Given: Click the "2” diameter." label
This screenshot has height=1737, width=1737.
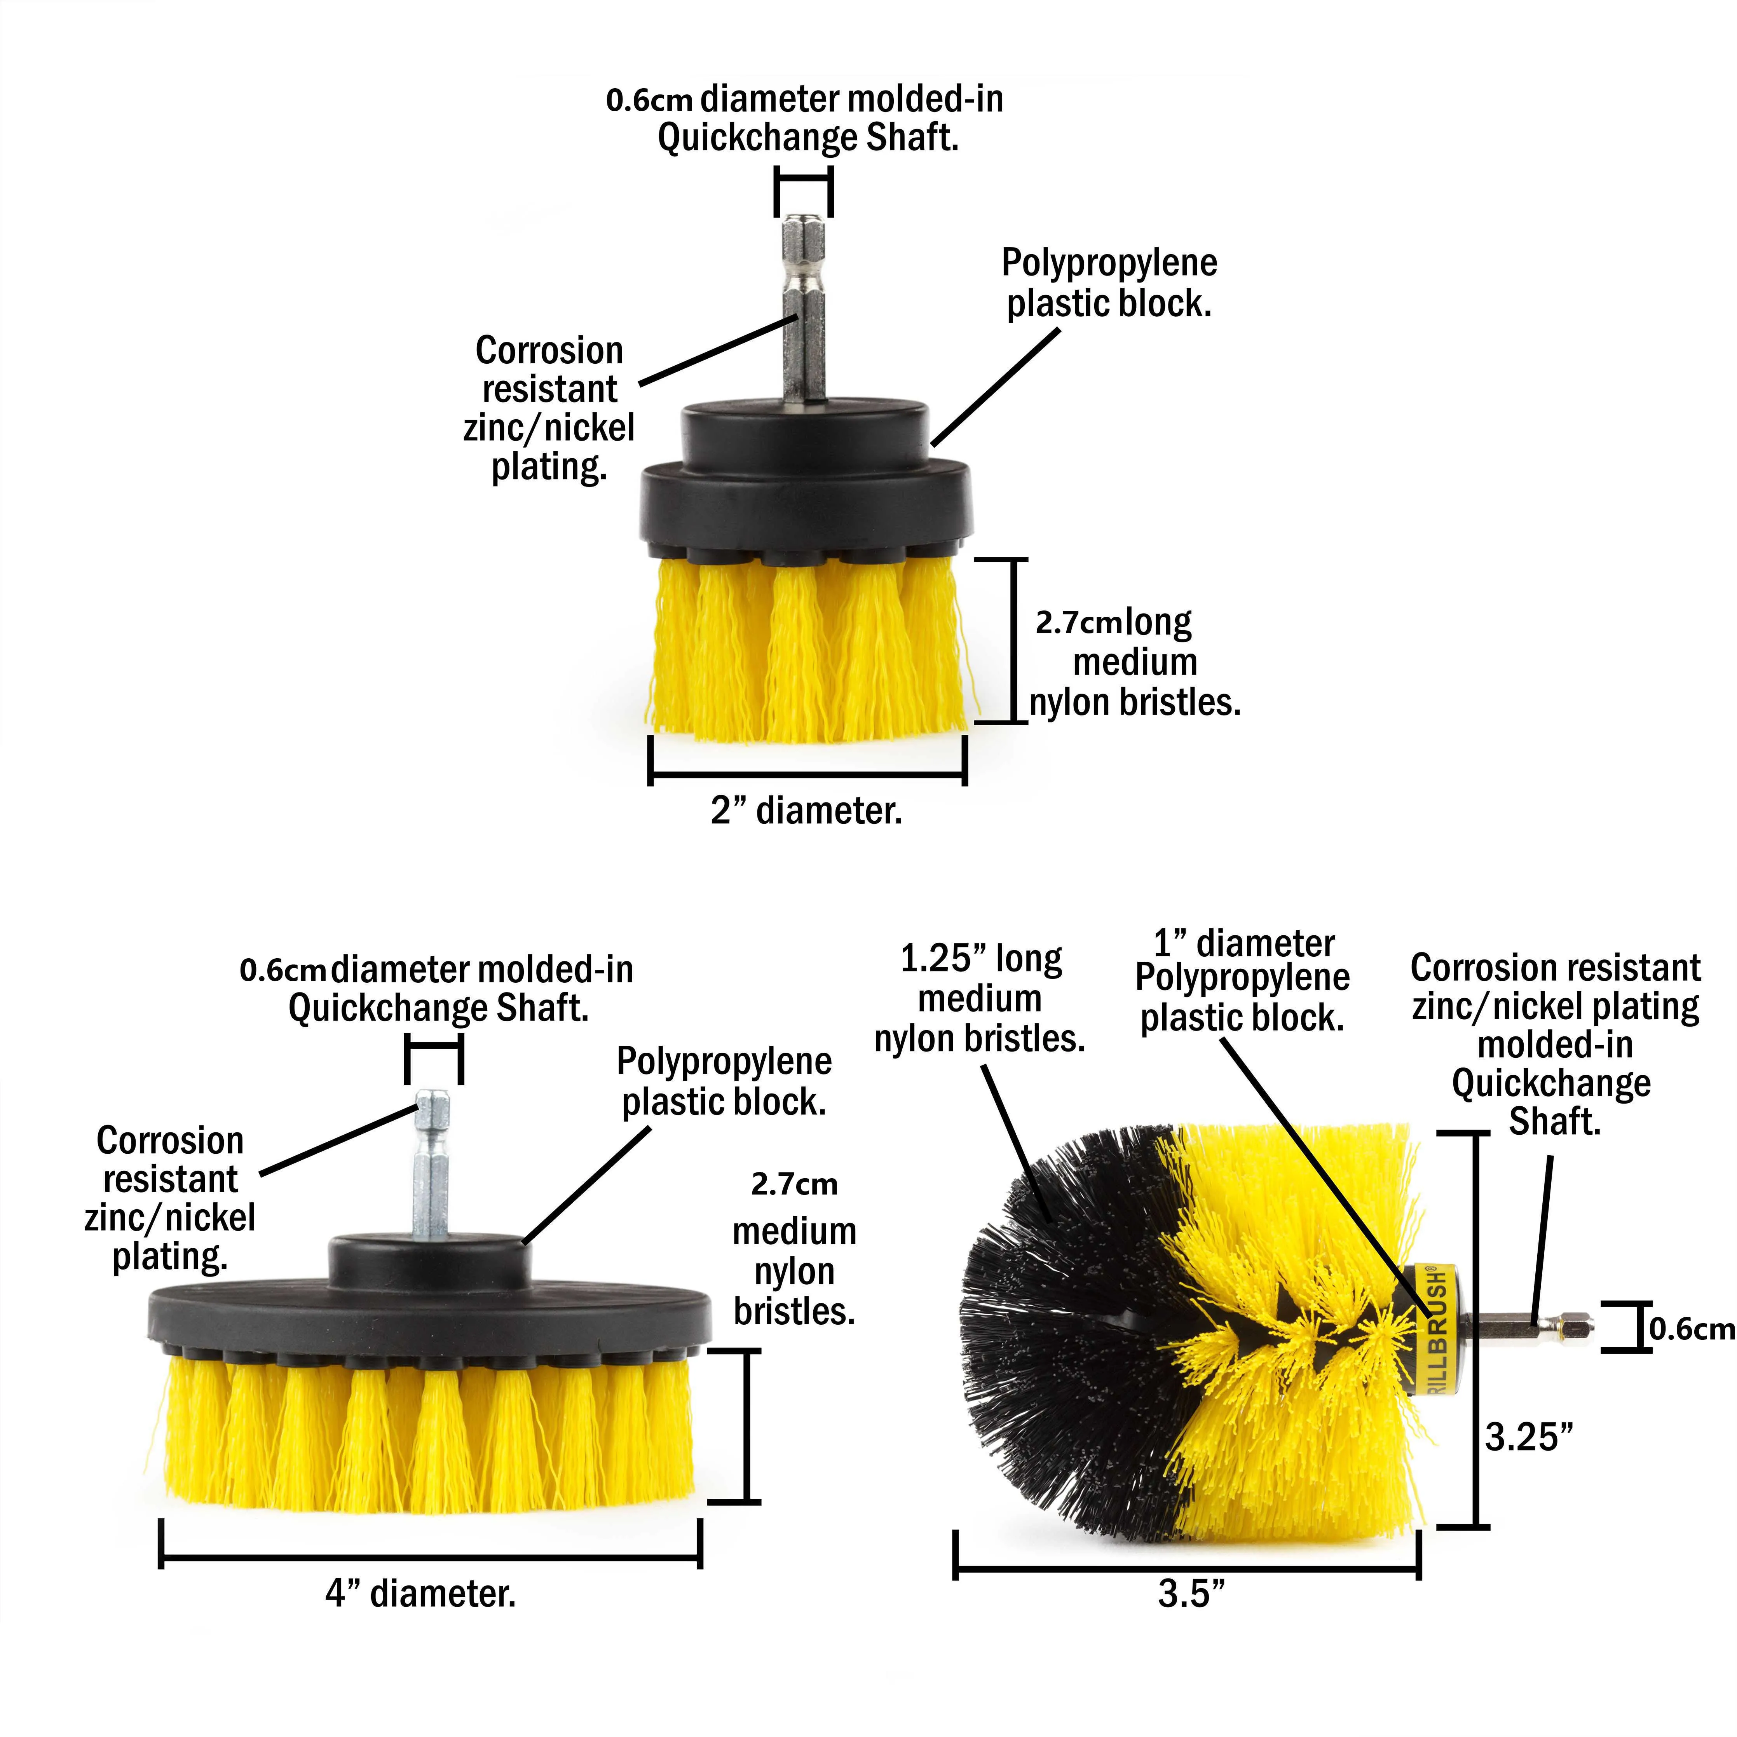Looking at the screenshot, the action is tap(806, 811).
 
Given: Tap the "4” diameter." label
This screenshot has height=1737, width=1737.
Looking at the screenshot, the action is tap(421, 1594).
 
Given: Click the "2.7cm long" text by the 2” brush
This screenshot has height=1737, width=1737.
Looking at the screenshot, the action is tap(1113, 622).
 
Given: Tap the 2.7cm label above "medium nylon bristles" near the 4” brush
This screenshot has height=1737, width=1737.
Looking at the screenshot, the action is tap(794, 1185).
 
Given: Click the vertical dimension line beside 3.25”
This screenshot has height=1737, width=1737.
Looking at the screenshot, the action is tap(1475, 1331).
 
